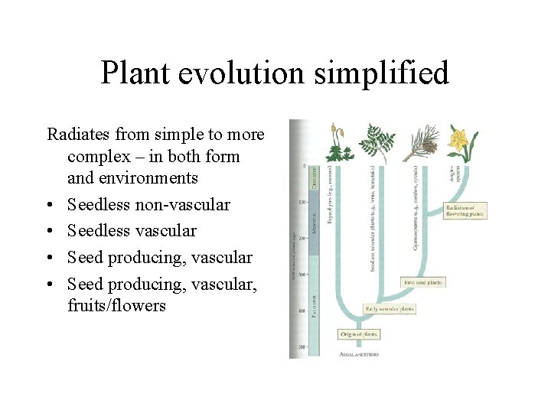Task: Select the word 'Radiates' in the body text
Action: (78, 135)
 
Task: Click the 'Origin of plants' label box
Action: (359, 334)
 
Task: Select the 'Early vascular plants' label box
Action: (390, 309)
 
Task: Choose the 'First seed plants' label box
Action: (422, 282)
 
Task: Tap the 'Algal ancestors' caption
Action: (359, 354)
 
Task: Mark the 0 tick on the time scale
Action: (304, 166)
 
